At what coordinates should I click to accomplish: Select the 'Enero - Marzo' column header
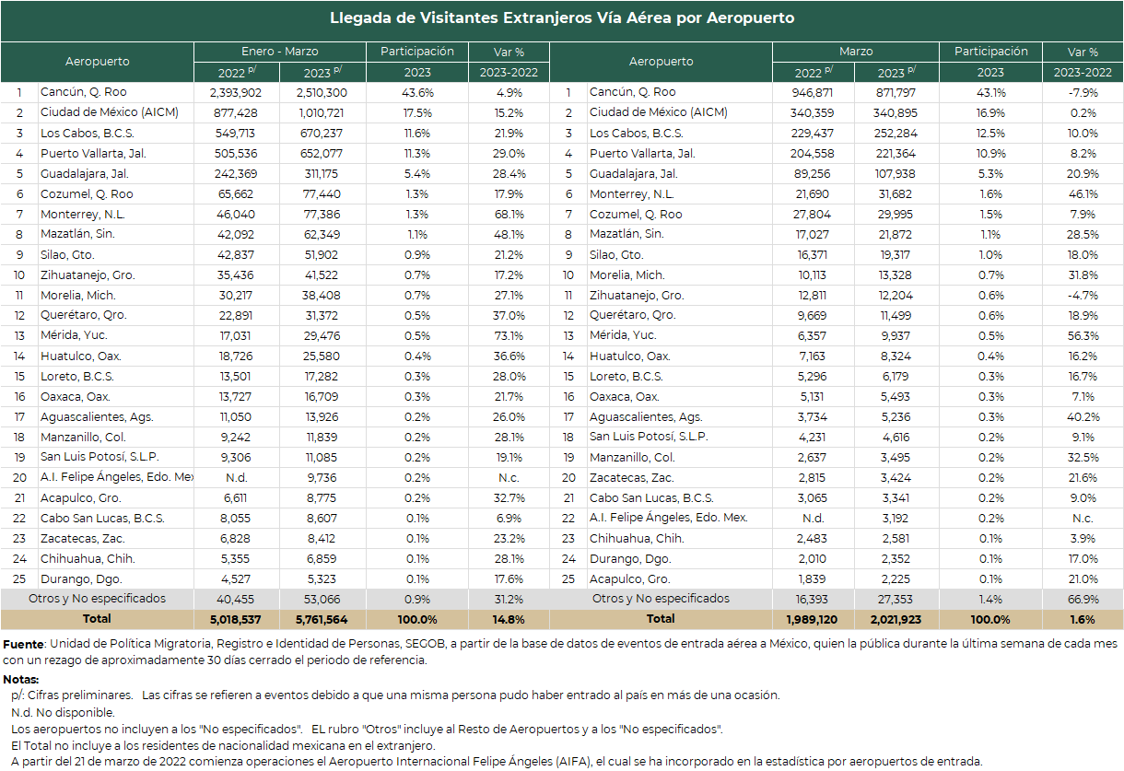279,52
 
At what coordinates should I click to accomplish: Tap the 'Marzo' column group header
856,52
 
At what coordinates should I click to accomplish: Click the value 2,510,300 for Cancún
322,93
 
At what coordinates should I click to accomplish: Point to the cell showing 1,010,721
322,113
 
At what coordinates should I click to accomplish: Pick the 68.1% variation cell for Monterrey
509,215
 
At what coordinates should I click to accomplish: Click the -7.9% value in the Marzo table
1083,93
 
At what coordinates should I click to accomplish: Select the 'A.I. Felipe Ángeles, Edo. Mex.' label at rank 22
668,518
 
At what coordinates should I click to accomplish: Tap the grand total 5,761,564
322,620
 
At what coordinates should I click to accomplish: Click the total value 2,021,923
896,620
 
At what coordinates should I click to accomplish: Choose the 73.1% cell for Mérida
509,336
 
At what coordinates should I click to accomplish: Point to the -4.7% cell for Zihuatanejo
1083,296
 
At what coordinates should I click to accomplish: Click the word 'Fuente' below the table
24,645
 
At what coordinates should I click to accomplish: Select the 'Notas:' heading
21,680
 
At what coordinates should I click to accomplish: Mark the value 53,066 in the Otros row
322,600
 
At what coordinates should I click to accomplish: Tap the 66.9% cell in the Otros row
1083,600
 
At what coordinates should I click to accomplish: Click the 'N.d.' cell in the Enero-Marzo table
236,478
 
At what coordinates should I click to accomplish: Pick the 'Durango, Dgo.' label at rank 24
630,559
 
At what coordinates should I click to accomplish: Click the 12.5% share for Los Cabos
990,134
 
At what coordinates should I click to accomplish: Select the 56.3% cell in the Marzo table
1083,336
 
